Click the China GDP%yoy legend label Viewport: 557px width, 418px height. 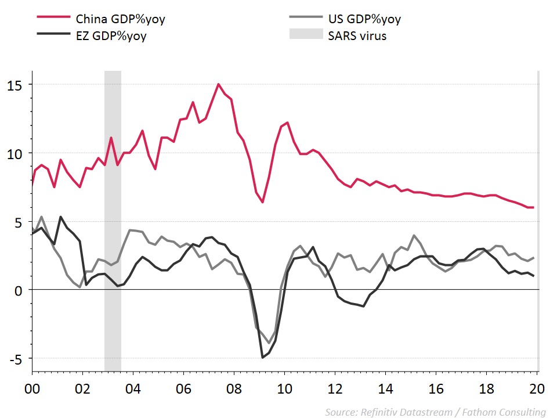point(121,19)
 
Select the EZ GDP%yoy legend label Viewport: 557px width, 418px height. point(111,35)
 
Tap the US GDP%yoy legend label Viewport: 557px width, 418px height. point(364,19)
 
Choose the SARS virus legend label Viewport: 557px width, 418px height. point(357,35)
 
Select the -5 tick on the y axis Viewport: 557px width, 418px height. point(16,358)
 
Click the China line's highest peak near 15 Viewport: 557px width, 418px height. point(219,84)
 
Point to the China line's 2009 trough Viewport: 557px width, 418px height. point(263,202)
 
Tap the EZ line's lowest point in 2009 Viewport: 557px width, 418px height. point(263,357)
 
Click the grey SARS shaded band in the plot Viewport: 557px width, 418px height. point(113,221)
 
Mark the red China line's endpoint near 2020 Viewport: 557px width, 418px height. point(533,207)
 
